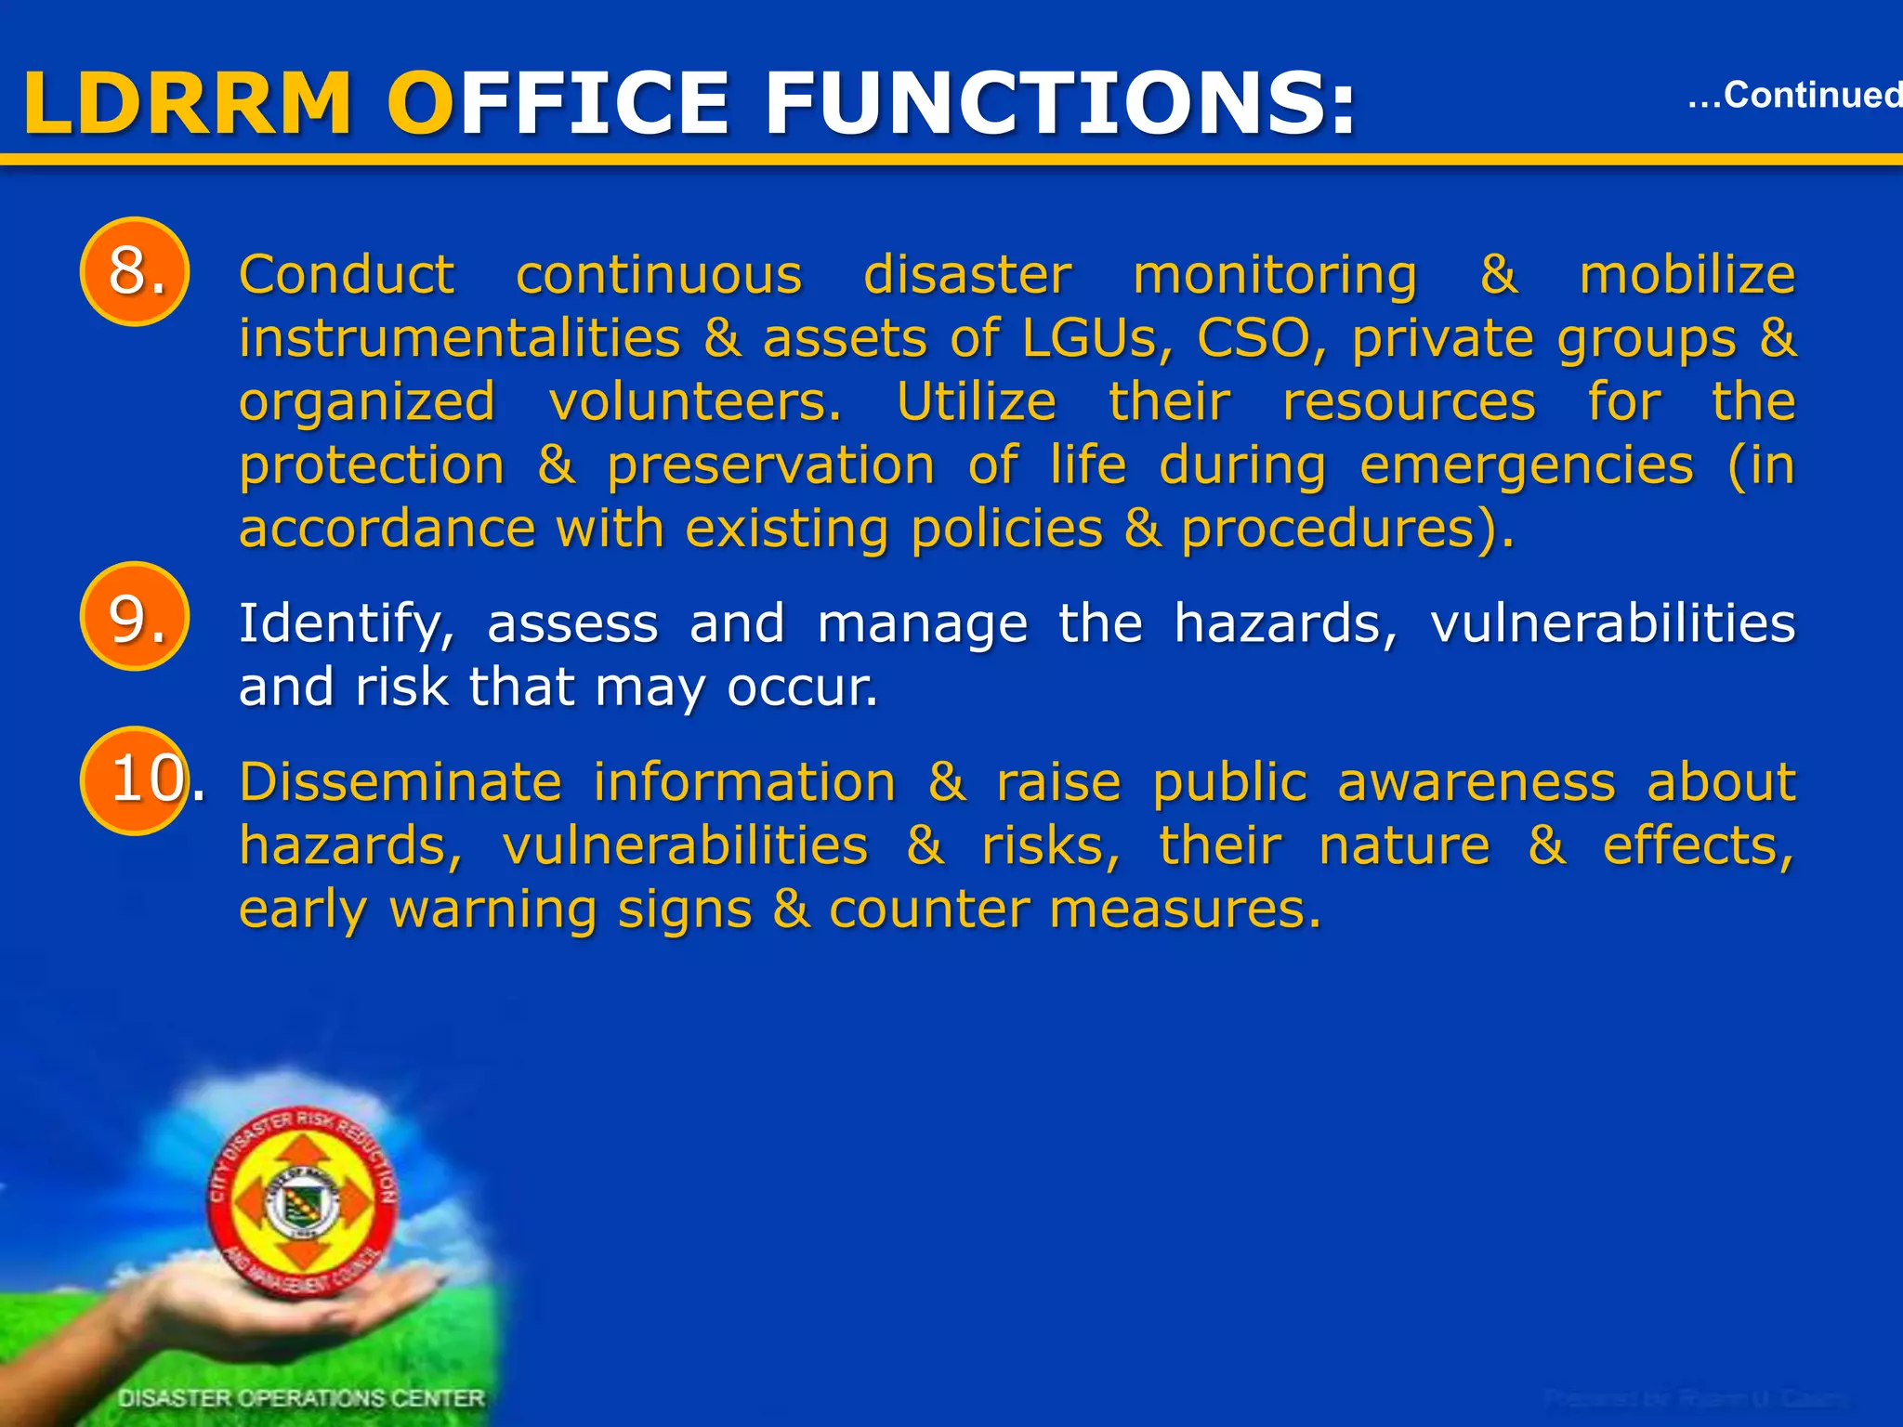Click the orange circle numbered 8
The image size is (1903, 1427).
click(135, 271)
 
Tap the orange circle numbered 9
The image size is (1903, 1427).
click(135, 617)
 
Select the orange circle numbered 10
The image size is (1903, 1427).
click(135, 780)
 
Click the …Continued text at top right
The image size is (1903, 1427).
click(1793, 95)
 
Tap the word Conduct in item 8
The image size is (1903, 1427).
click(347, 275)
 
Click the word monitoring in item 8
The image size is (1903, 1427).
click(1275, 275)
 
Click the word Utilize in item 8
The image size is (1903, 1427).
click(976, 401)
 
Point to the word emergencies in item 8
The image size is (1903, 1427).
click(1526, 465)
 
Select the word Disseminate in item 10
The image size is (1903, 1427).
click(400, 782)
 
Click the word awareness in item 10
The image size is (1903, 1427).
click(1476, 782)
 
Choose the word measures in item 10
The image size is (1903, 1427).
click(1185, 909)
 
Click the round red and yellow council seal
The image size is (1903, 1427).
click(302, 1203)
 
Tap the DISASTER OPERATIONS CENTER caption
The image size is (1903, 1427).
click(302, 1397)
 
